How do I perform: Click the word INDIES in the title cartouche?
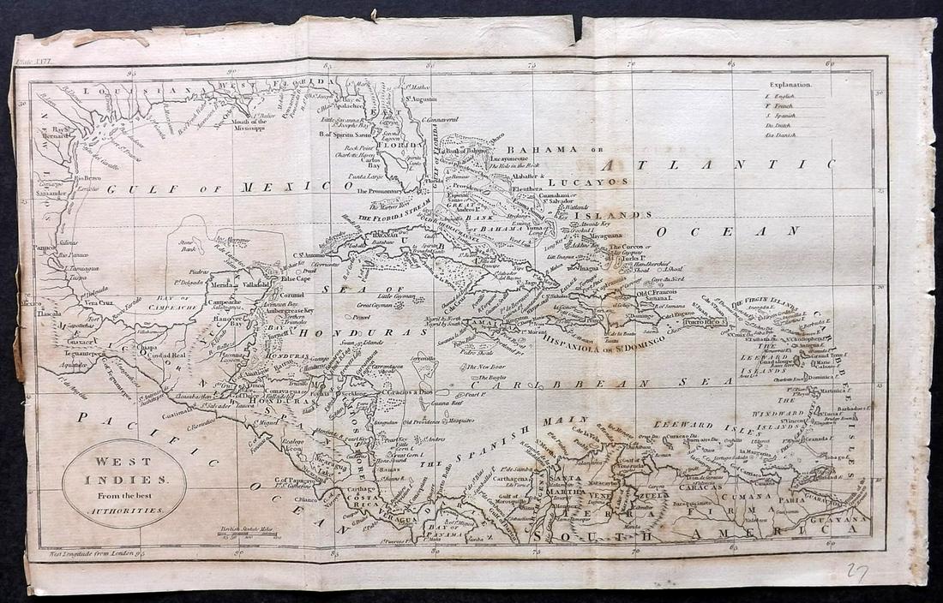[x=123, y=480]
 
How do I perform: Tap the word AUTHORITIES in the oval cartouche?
[x=124, y=510]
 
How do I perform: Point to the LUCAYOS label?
[x=588, y=182]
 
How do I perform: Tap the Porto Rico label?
[x=704, y=321]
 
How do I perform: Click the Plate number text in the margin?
[x=34, y=61]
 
